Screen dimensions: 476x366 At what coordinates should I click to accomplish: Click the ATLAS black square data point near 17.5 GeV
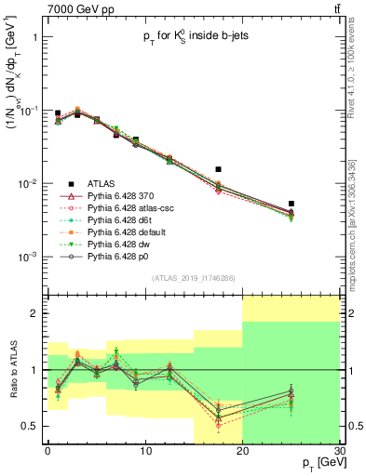coord(218,169)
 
